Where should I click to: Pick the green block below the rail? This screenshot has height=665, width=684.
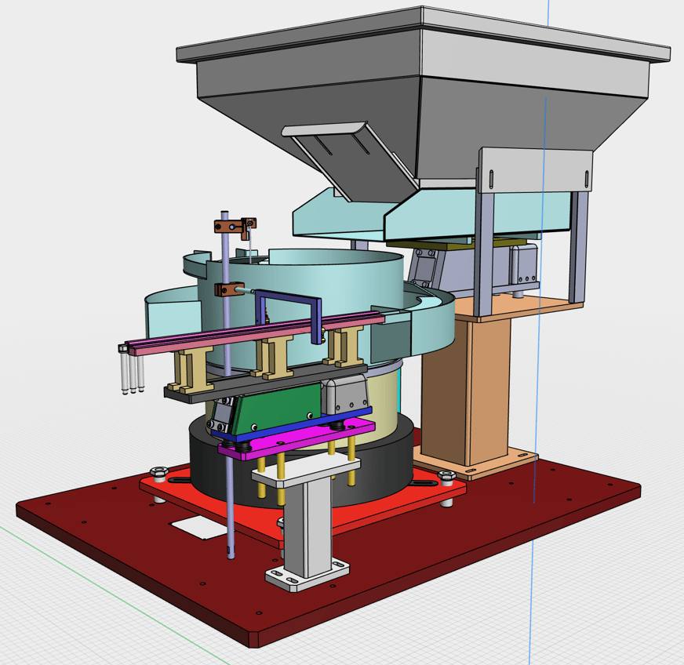point(275,404)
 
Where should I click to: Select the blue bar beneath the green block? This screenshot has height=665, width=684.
point(298,424)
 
